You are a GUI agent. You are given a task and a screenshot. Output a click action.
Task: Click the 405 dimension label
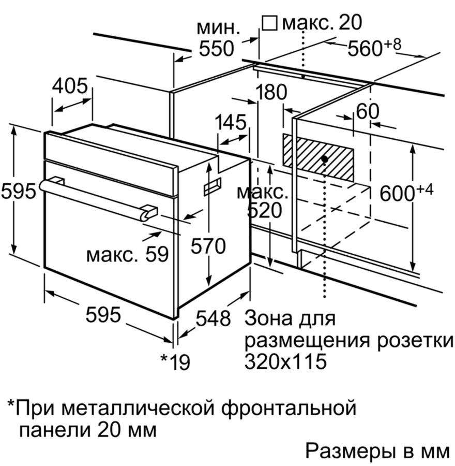click(70, 86)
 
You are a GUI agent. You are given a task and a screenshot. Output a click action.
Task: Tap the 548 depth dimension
click(213, 318)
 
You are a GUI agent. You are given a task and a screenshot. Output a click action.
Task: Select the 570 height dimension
click(208, 246)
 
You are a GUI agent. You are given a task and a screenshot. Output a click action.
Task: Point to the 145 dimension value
click(231, 122)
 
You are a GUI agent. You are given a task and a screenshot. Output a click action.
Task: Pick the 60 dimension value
click(368, 111)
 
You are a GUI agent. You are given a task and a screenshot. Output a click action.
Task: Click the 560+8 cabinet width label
click(374, 47)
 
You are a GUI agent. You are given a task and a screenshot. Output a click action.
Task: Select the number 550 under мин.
click(216, 49)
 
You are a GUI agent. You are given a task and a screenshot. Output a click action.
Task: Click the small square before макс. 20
click(269, 23)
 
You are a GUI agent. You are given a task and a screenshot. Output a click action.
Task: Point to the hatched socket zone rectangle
click(317, 158)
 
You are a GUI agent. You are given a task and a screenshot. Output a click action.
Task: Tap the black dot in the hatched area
click(325, 159)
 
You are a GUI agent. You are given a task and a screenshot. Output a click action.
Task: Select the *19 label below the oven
click(175, 362)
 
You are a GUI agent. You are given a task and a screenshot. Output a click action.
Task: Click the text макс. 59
click(127, 254)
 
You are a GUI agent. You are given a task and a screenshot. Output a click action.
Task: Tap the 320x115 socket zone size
click(285, 361)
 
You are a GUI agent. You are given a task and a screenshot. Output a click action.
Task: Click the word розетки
click(416, 341)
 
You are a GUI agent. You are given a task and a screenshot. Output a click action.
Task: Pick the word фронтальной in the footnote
click(289, 408)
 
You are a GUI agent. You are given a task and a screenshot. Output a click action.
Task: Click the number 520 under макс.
click(264, 210)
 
